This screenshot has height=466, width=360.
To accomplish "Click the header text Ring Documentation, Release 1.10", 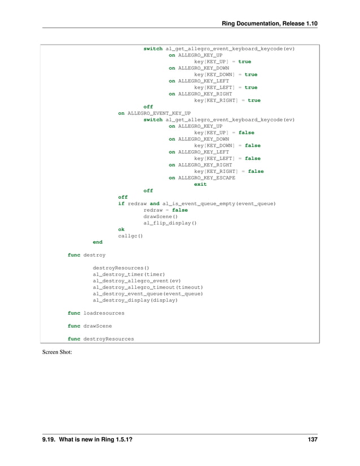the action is click(270, 22).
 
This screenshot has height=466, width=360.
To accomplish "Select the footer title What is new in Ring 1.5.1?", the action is click(90, 440).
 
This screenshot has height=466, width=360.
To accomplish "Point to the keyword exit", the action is click(200, 184).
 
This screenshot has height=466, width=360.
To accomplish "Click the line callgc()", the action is click(130, 236).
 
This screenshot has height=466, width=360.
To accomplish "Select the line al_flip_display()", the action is click(170, 223).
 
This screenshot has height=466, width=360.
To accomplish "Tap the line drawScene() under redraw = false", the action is click(160, 216).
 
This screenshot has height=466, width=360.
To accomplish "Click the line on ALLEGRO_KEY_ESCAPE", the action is click(202, 177).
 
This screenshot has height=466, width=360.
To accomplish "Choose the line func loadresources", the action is click(96, 312).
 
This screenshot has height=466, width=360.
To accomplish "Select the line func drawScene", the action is click(89, 326).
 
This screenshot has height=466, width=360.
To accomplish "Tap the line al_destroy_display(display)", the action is click(135, 300).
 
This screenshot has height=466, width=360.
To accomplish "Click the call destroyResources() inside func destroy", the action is click(121, 268).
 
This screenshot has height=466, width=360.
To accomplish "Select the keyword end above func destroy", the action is click(98, 242).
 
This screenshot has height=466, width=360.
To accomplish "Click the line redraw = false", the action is click(165, 210).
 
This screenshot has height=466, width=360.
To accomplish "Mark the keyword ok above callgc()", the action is click(121, 229).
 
